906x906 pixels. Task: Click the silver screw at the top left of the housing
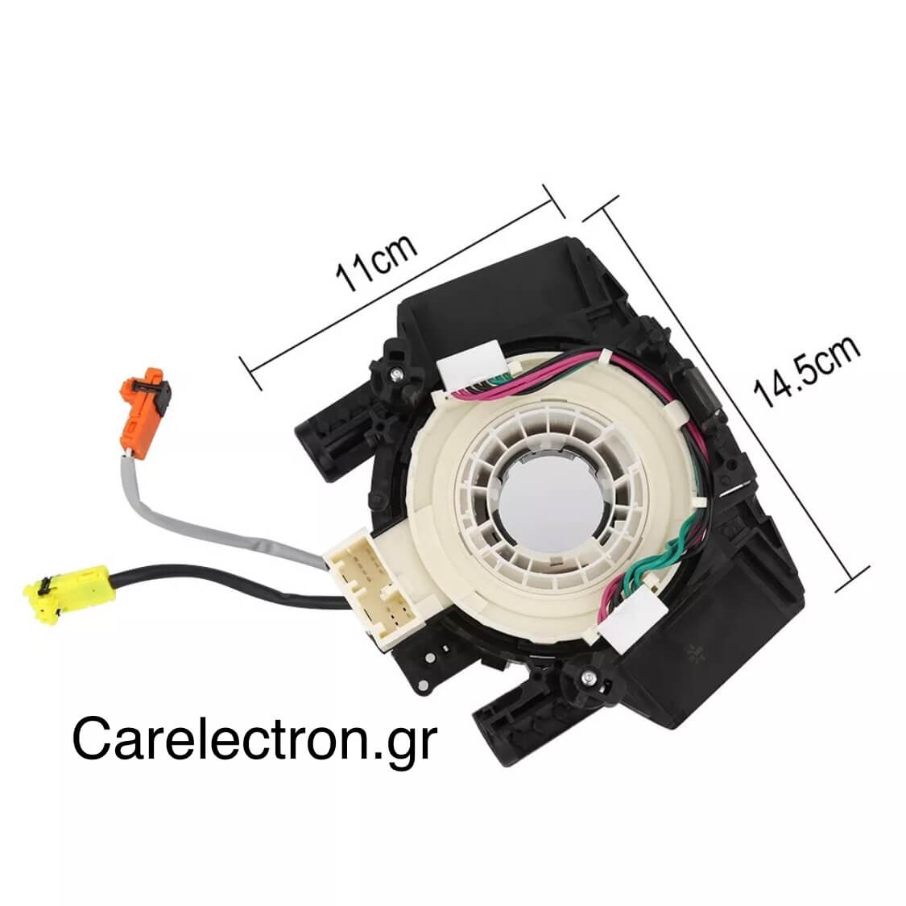[395, 375]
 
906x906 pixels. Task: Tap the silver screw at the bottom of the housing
[588, 676]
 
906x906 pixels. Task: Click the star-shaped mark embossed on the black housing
[694, 654]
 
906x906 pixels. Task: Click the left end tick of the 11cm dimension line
[250, 373]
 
